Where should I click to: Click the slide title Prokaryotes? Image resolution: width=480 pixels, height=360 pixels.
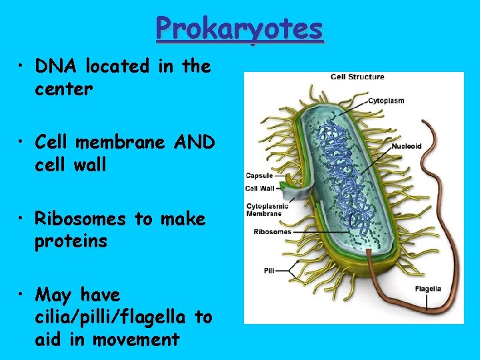tap(239, 28)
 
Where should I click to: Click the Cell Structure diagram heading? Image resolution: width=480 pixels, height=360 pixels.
tap(357, 77)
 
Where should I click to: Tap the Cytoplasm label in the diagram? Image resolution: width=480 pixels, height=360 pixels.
tap(387, 101)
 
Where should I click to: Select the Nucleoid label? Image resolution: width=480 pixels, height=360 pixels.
tap(406, 146)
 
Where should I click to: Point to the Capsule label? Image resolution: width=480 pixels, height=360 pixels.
tap(259, 176)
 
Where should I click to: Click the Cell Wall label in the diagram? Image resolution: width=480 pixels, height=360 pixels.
tap(260, 189)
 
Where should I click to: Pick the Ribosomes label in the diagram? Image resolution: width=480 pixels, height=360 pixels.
tap(272, 232)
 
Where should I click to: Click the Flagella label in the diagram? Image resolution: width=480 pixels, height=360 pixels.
tap(427, 289)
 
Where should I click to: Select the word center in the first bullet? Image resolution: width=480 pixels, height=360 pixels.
tap(63, 89)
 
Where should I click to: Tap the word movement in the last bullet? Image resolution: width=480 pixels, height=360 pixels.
tap(136, 339)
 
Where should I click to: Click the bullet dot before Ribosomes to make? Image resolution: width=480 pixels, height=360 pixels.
tap(24, 219)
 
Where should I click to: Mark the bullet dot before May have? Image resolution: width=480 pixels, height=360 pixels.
tap(24, 295)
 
